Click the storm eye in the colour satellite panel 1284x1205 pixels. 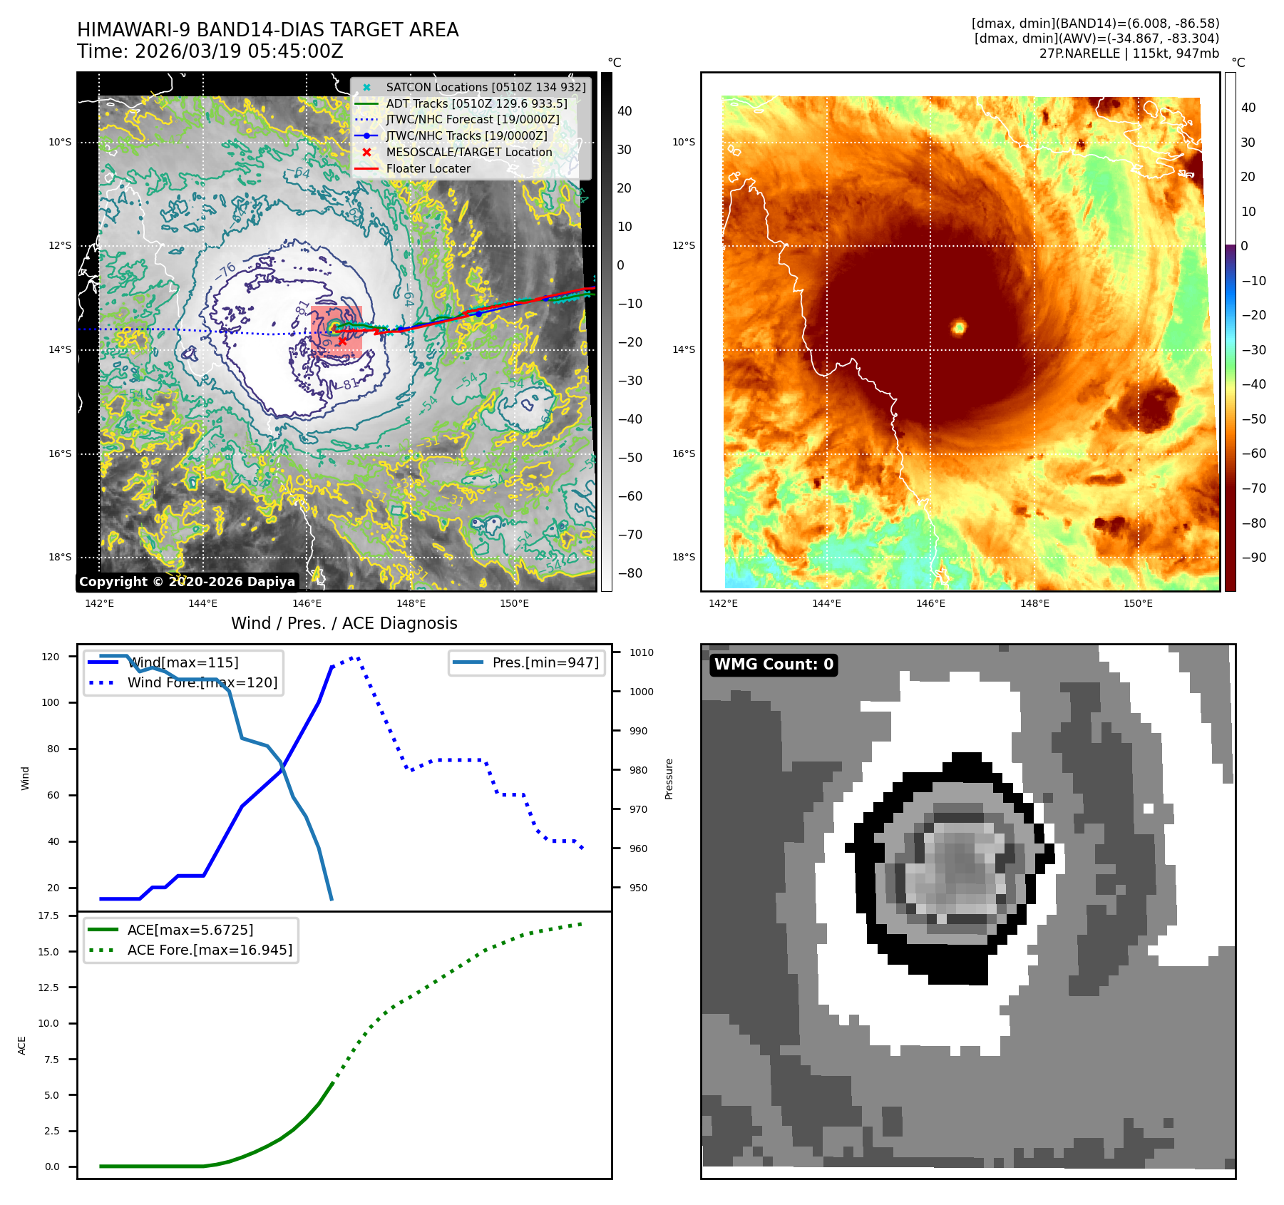(x=959, y=327)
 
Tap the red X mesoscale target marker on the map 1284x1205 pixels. (x=342, y=342)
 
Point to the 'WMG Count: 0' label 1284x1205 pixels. (x=774, y=665)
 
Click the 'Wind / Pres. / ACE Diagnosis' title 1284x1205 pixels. (x=344, y=623)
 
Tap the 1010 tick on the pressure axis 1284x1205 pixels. (x=641, y=652)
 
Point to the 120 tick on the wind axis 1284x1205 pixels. (x=51, y=657)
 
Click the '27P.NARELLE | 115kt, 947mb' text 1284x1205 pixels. (x=1129, y=53)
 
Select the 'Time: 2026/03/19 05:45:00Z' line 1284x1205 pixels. (x=210, y=51)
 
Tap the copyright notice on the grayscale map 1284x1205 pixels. (x=187, y=582)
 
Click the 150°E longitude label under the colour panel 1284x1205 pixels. (x=1138, y=603)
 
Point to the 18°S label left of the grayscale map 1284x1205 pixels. (x=60, y=557)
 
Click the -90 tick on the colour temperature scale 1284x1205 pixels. (x=1253, y=558)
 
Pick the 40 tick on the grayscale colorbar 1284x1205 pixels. (x=625, y=111)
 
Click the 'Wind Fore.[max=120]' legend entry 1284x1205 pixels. (x=202, y=682)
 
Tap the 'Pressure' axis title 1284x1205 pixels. (x=669, y=779)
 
